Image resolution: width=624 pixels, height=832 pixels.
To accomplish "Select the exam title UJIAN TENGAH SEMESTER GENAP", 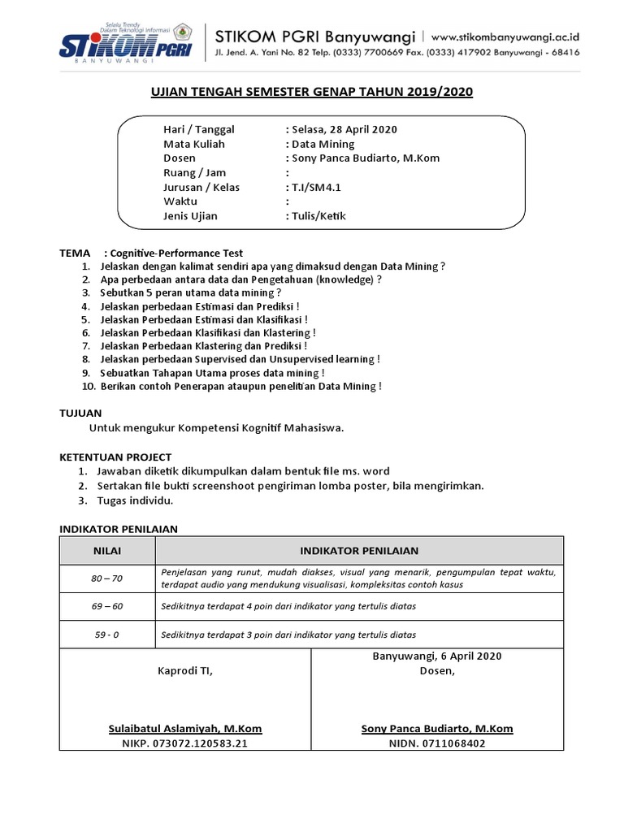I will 311,93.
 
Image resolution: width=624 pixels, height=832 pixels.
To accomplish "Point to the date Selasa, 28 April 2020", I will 341,129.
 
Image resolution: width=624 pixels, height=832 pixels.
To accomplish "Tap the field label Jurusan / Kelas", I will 201,187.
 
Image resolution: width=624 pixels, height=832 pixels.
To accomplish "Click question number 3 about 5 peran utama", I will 190,292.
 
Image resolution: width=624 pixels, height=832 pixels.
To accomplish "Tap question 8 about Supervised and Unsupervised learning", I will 240,359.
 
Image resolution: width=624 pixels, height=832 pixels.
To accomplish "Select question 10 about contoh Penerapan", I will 240,386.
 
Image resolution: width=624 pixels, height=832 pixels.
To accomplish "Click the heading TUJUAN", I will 81,414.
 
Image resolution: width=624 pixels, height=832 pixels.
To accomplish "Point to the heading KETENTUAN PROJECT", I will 115,457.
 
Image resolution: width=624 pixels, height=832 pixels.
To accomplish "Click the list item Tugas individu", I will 134,500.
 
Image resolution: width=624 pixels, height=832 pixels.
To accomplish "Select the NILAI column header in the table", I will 106,550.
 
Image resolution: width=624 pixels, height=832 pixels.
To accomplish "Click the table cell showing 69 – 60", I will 106,606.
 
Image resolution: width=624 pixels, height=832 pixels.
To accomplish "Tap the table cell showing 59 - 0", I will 106,635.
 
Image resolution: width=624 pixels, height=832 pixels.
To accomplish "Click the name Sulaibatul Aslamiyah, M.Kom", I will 185,729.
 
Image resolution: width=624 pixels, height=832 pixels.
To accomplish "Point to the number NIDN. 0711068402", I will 437,743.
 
